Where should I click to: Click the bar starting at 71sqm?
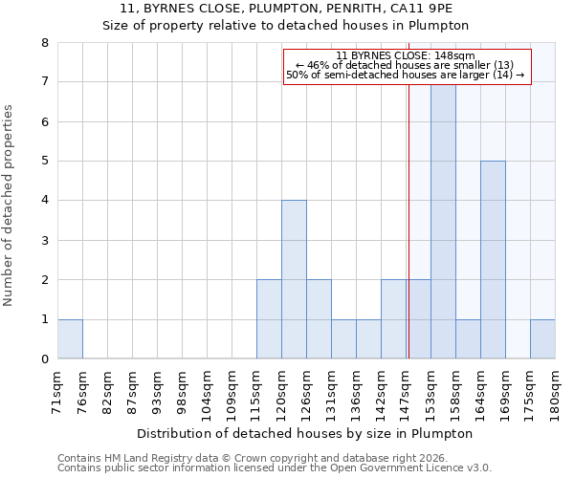click(70, 339)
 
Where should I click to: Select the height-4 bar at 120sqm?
click(294, 279)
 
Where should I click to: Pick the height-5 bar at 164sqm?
click(493, 260)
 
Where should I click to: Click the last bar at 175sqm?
click(542, 339)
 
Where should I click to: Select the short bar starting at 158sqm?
click(468, 339)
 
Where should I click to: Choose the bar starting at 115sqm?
click(269, 319)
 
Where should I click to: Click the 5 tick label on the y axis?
click(45, 162)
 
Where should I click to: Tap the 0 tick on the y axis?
click(45, 359)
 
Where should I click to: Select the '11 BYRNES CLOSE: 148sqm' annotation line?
click(406, 55)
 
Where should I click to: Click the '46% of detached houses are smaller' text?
click(406, 65)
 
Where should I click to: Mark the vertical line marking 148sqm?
click(408, 239)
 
